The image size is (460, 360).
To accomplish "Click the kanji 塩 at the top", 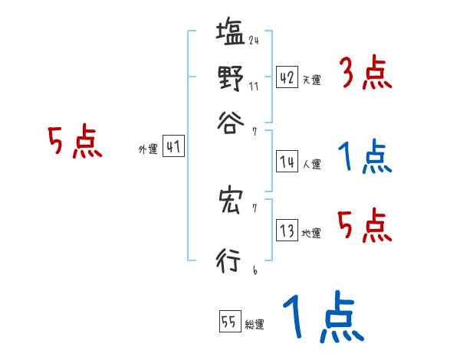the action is (x=229, y=35).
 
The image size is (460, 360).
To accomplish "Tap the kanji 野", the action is (x=229, y=78).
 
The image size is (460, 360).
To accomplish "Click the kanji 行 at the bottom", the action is (x=229, y=260).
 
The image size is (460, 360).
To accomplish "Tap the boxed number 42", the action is (x=287, y=77).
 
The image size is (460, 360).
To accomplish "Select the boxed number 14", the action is (x=287, y=162).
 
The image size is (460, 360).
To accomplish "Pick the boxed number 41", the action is (x=173, y=147).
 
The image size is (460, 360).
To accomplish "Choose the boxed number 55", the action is (x=229, y=322).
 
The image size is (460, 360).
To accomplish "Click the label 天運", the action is (x=311, y=80).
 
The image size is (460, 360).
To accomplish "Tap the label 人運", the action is (x=311, y=164).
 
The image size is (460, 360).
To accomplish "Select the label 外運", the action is (x=148, y=149).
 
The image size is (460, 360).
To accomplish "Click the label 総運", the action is (x=255, y=325).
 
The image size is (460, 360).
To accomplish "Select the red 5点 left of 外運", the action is (x=74, y=142).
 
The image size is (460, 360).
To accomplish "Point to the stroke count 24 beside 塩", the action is (x=253, y=41).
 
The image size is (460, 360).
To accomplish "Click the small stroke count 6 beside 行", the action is (x=254, y=270).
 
